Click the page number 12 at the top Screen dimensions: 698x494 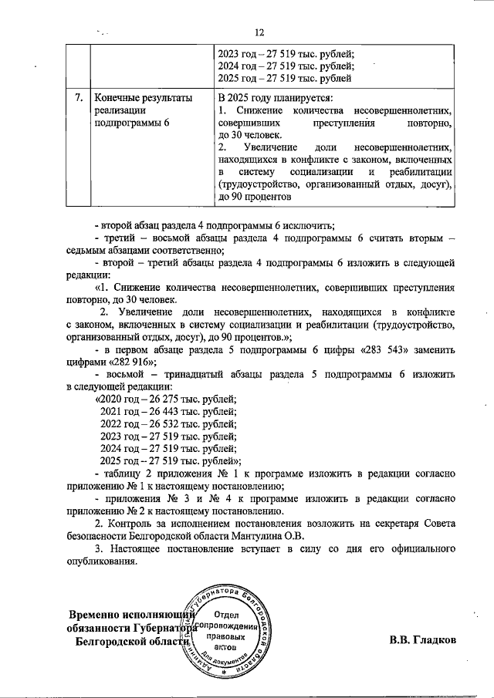click(259, 32)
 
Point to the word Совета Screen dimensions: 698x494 click(437, 524)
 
